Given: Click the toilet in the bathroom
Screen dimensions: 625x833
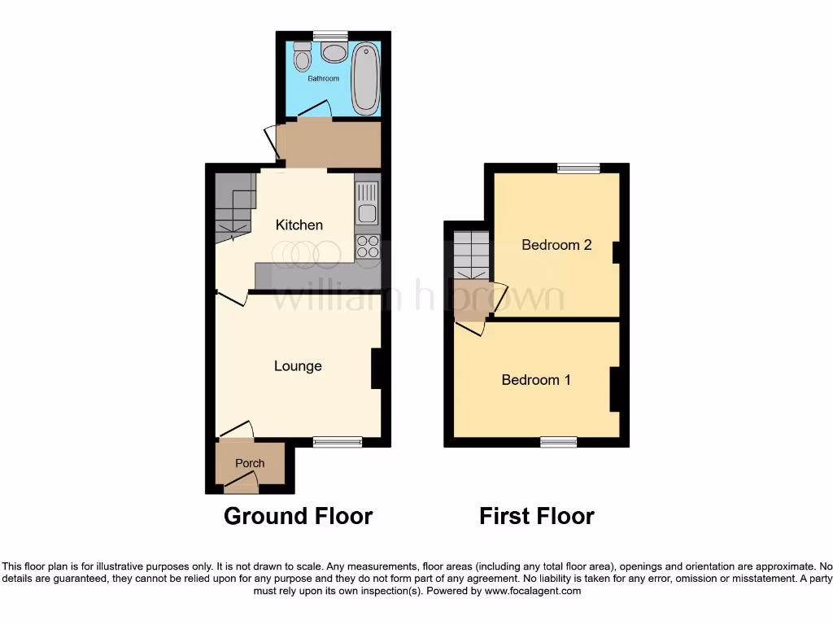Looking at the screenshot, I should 303,58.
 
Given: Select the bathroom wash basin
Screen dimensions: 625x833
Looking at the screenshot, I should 333,53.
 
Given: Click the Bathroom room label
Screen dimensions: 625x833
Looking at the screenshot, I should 323,79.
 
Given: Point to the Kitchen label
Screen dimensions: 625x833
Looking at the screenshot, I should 299,225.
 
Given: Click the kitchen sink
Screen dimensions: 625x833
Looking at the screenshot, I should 367,203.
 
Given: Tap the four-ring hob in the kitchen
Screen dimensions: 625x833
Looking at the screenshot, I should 368,246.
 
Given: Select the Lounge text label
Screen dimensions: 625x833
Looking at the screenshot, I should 298,366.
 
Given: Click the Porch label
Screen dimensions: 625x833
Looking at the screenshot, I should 250,463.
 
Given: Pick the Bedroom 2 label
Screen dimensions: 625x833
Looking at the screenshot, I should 556,245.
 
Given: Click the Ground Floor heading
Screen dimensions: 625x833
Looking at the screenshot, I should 298,516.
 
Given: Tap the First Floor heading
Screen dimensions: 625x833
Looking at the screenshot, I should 537,516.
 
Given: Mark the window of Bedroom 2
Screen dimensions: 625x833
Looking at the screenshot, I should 578,168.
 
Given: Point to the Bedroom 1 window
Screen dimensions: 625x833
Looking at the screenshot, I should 559,441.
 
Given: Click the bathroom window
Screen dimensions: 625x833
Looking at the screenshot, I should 330,35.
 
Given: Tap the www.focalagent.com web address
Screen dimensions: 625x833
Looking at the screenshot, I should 532,591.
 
